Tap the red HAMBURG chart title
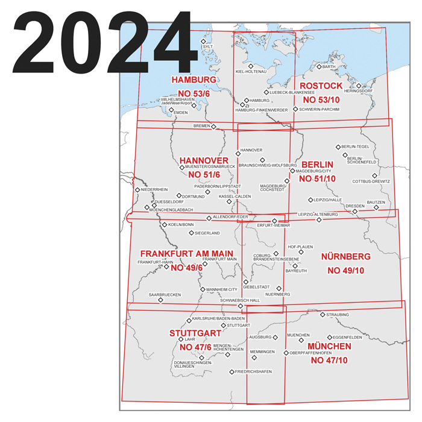(194, 80)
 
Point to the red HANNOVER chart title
(204, 160)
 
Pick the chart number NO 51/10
(318, 178)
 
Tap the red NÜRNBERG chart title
(345, 256)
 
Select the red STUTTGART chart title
(195, 333)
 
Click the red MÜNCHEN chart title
(329, 347)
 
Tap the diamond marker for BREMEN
(213, 127)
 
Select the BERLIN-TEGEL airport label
(355, 146)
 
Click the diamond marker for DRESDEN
(355, 211)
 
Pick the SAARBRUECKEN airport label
(165, 295)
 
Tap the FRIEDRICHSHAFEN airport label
(254, 372)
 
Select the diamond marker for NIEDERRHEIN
(137, 190)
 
